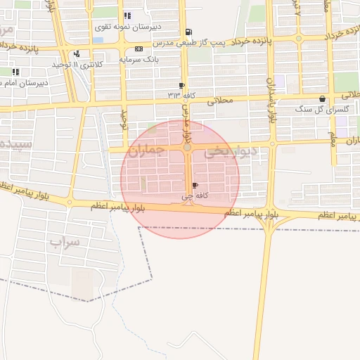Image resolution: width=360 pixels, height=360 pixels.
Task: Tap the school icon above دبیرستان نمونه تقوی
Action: coord(127,15)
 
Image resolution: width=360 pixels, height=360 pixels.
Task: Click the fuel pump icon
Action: coord(188,32)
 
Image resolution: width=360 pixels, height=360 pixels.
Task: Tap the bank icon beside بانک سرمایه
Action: coord(139,49)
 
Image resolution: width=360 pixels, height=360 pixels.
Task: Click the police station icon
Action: coord(76,54)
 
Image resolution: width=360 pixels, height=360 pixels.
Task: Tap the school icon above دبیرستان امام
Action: coord(15,72)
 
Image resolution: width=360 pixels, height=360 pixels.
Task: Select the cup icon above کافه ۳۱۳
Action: coord(181,84)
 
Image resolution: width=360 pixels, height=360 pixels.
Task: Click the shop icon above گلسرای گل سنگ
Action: coord(322,99)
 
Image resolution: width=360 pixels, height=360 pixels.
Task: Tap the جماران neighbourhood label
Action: coord(147,150)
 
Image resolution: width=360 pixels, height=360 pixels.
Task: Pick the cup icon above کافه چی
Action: coord(195,186)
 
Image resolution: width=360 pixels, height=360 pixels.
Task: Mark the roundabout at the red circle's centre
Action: coord(187,148)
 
